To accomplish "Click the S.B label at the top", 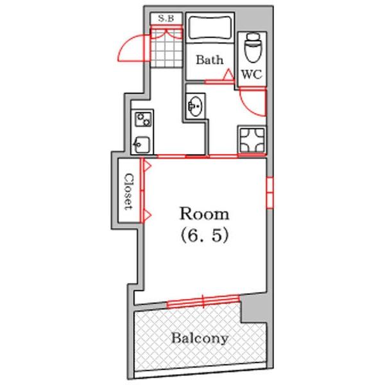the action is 166,19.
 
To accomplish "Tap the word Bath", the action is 210,60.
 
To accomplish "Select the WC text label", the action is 252,74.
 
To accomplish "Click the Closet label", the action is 128,192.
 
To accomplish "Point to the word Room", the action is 204,214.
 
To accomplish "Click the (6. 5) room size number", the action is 205,235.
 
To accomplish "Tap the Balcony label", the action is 200,339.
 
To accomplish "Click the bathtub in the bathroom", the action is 210,28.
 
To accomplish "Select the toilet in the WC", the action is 253,47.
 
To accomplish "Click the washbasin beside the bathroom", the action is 196,106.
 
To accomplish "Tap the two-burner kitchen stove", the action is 143,119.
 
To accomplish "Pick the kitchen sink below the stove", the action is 141,144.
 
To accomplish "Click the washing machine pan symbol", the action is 252,140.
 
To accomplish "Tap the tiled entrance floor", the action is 166,47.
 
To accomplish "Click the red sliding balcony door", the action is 203,301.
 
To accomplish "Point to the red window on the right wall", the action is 270,193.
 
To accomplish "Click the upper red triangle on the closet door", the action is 147,166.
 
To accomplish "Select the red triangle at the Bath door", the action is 228,74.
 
